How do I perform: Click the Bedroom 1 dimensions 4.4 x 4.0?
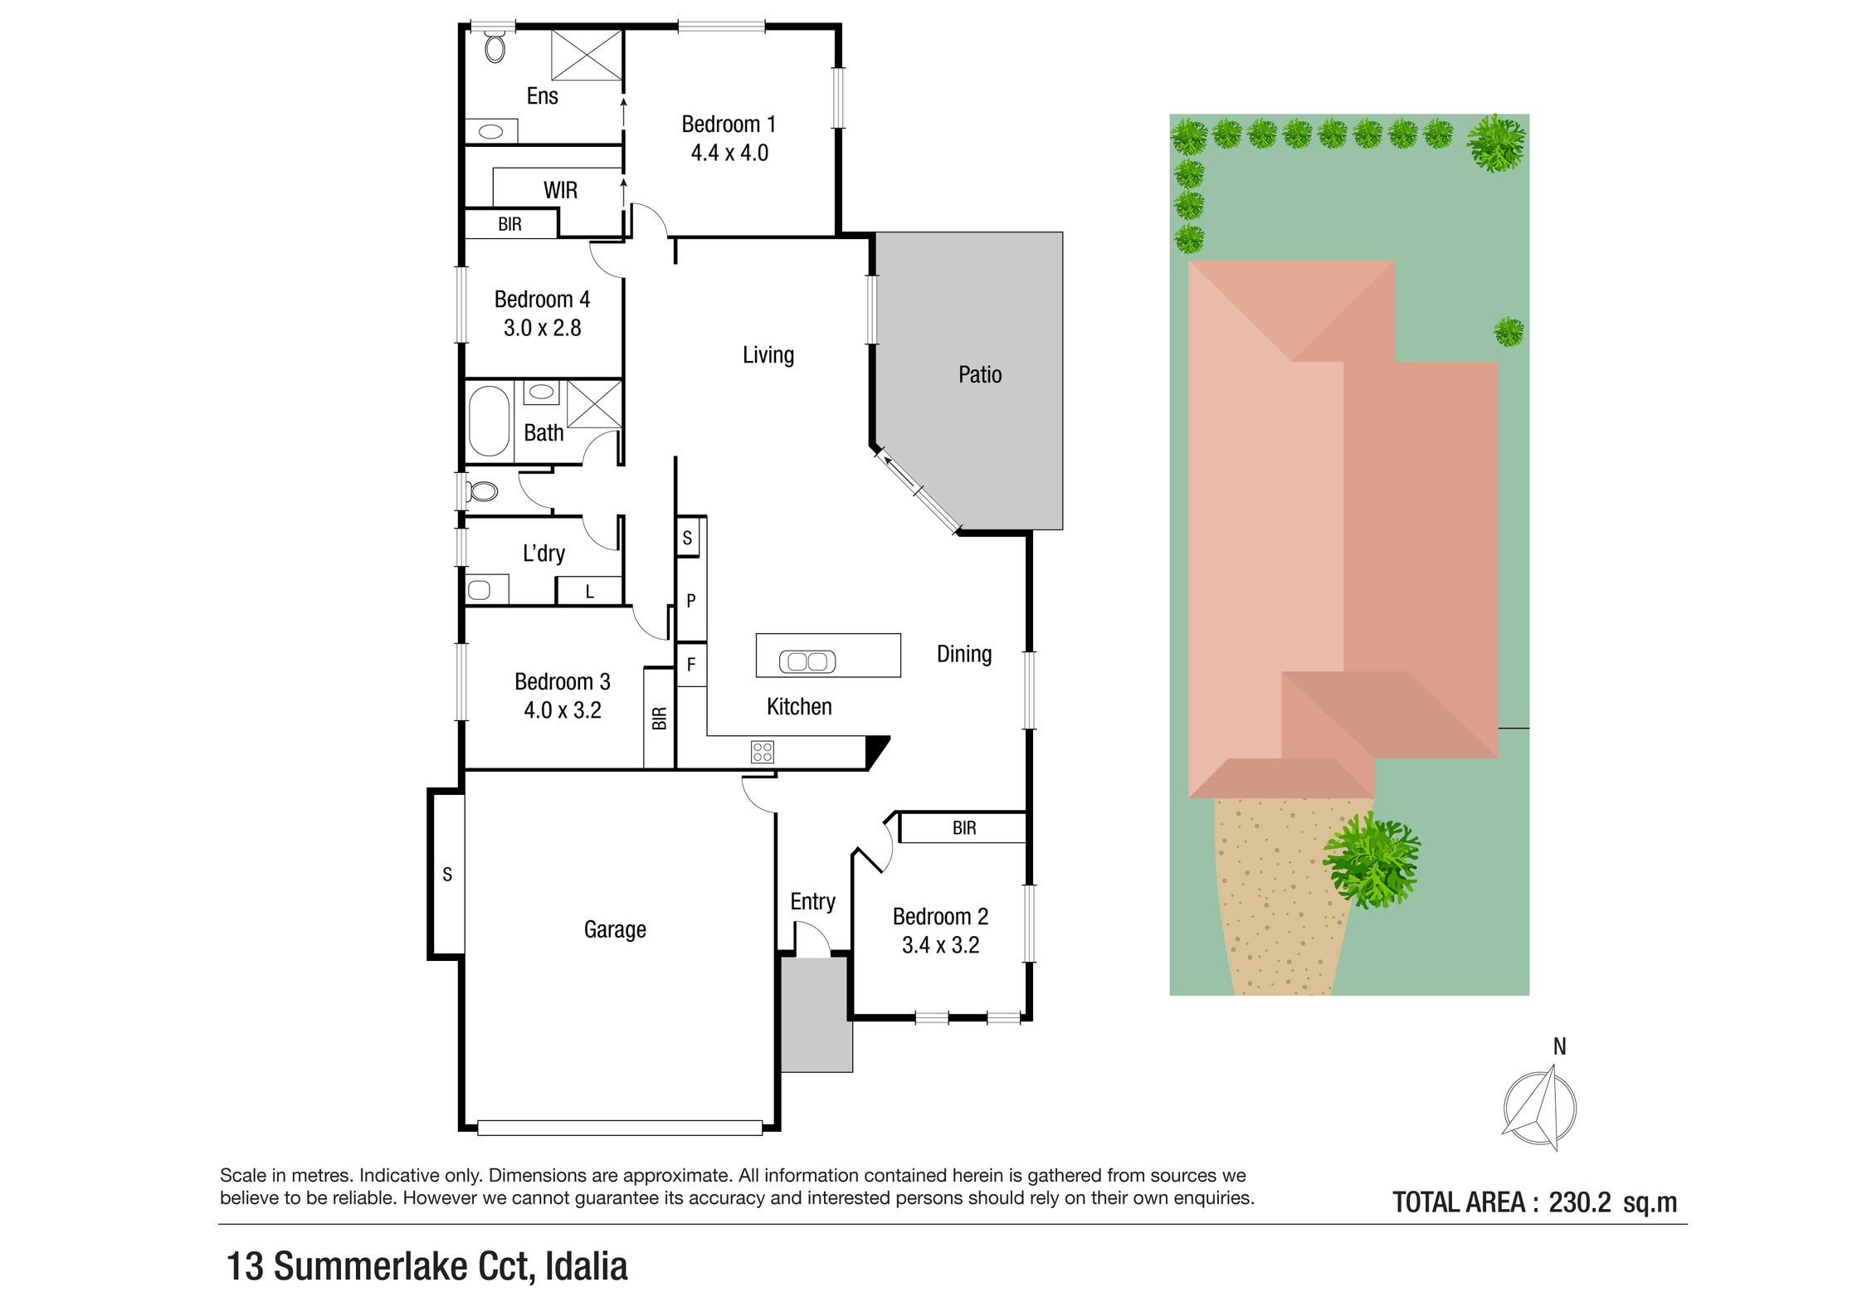coord(729,154)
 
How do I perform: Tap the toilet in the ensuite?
coord(495,47)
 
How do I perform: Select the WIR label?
coord(560,190)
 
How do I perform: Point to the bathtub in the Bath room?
coord(489,421)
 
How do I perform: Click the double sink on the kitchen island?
coord(807,661)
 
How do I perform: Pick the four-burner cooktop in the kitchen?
coord(762,752)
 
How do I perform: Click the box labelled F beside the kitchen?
coord(690,665)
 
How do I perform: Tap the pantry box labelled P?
coord(690,601)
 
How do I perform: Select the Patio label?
coord(979,375)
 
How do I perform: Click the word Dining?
coord(963,654)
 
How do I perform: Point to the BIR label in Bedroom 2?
coord(963,827)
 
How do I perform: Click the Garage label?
coord(614,929)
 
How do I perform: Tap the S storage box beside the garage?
coord(447,874)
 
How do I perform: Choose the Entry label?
coord(812,901)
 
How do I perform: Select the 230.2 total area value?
coord(1579,1202)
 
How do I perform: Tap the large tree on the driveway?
coord(1371,861)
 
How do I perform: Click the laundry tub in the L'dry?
coord(479,590)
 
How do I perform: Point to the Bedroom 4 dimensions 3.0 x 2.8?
coord(542,328)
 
